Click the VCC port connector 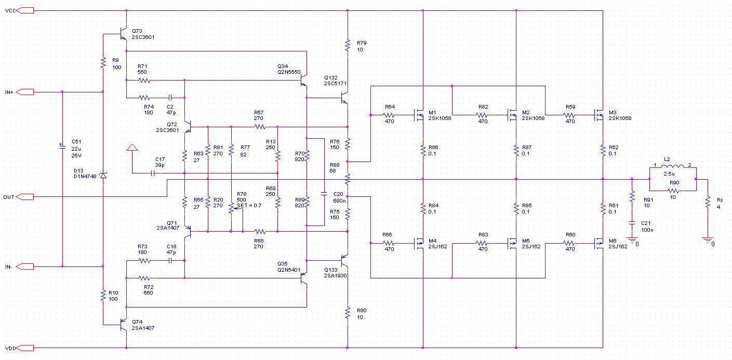pyautogui.click(x=25, y=10)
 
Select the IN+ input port pyautogui.click(x=25, y=92)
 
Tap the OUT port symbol pyautogui.click(x=25, y=197)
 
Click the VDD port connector pyautogui.click(x=25, y=348)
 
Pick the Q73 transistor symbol pyautogui.click(x=123, y=34)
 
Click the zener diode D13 pyautogui.click(x=103, y=176)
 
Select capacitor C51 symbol pyautogui.click(x=62, y=147)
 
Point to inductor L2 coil pyautogui.click(x=673, y=167)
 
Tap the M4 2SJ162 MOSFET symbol pyautogui.click(x=419, y=243)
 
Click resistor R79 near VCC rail pyautogui.click(x=348, y=45)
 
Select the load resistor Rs pyautogui.click(x=708, y=202)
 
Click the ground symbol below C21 pyautogui.click(x=632, y=241)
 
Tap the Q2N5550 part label pyautogui.click(x=289, y=72)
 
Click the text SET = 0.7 pyautogui.click(x=249, y=206)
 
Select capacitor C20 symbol pyautogui.click(x=324, y=194)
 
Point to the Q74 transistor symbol pyautogui.click(x=123, y=325)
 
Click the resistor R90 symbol pyautogui.click(x=673, y=191)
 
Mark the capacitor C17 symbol pyautogui.click(x=153, y=173)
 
